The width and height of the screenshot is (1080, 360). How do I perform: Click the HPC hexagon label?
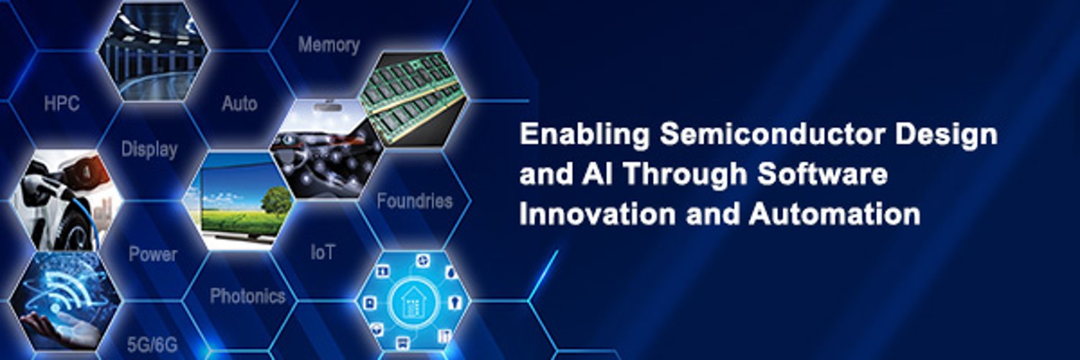(x=62, y=104)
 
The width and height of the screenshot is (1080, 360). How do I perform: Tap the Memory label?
(x=329, y=45)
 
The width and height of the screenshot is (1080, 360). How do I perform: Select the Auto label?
(x=240, y=104)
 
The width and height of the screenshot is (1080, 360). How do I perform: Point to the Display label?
(x=150, y=149)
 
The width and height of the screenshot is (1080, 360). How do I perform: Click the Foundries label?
(x=415, y=201)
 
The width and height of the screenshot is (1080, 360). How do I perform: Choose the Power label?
(x=153, y=254)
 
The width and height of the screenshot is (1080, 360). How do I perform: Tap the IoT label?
(x=323, y=252)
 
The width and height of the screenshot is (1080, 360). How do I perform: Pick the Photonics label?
(x=248, y=296)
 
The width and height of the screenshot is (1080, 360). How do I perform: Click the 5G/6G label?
(x=153, y=345)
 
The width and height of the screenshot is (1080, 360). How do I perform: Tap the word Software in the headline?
(x=822, y=174)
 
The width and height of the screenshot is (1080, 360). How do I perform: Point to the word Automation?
(x=834, y=214)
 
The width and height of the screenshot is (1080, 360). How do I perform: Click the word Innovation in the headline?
(x=598, y=214)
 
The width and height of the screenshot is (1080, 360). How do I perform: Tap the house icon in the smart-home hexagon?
(x=413, y=302)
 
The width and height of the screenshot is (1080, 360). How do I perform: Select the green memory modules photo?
(x=413, y=98)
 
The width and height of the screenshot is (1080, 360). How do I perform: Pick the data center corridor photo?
(x=153, y=51)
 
